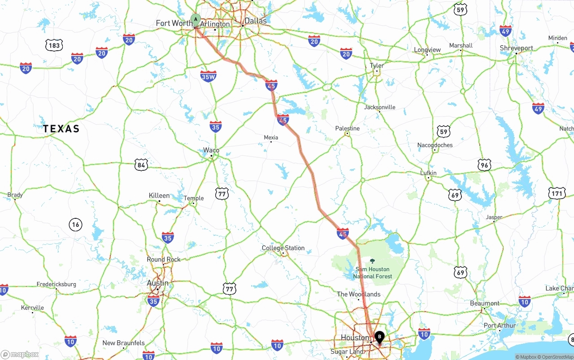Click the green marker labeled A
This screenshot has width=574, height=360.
pos(196,19)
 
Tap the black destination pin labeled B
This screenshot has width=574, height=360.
pos(380,336)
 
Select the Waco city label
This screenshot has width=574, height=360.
pos(211,150)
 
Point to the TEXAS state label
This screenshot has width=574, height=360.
pos(61,129)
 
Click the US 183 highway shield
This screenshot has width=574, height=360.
pos(54,45)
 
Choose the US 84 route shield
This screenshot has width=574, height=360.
pos(141,165)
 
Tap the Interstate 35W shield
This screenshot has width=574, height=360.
pos(209,76)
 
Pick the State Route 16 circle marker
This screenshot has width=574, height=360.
pos(75,224)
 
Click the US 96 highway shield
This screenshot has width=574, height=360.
pos(484,165)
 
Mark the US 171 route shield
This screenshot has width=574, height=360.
pos(557,194)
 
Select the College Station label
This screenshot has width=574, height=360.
pos(283,248)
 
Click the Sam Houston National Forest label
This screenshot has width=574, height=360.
pos(373,273)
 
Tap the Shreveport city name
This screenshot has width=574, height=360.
pos(517,48)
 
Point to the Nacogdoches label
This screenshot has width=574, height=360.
pos(435,145)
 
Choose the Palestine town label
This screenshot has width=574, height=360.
pos(348,128)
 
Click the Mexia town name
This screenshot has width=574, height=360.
pos(271,138)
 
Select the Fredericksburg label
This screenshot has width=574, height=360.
pos(57,284)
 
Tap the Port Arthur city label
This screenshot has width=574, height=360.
pos(500,325)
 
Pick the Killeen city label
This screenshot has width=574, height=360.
pos(159,195)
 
